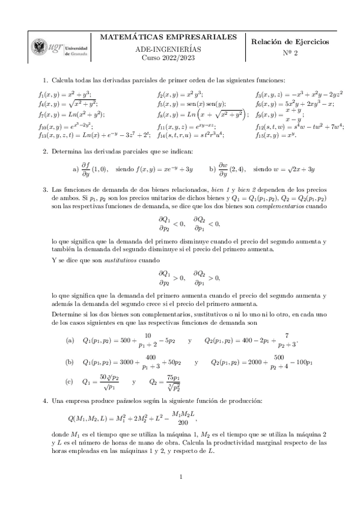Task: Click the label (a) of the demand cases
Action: tap(70, 340)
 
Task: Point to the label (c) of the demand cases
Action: tap(70, 381)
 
